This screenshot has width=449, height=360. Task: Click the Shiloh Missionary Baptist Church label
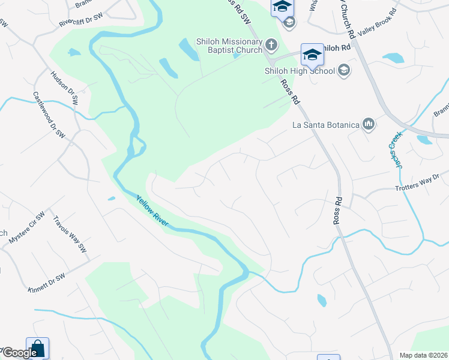[229, 46]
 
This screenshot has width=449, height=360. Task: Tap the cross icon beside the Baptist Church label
[271, 44]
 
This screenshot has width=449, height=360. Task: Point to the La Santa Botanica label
[325, 125]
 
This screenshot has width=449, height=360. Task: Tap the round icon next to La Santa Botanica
[368, 125]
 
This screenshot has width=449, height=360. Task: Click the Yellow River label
[152, 211]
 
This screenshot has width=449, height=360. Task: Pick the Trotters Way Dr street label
[418, 184]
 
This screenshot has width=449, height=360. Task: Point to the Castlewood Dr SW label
[49, 114]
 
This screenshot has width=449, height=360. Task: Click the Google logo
[19, 353]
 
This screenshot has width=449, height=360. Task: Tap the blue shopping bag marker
[37, 349]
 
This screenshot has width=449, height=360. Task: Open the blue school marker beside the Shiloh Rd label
[312, 56]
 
